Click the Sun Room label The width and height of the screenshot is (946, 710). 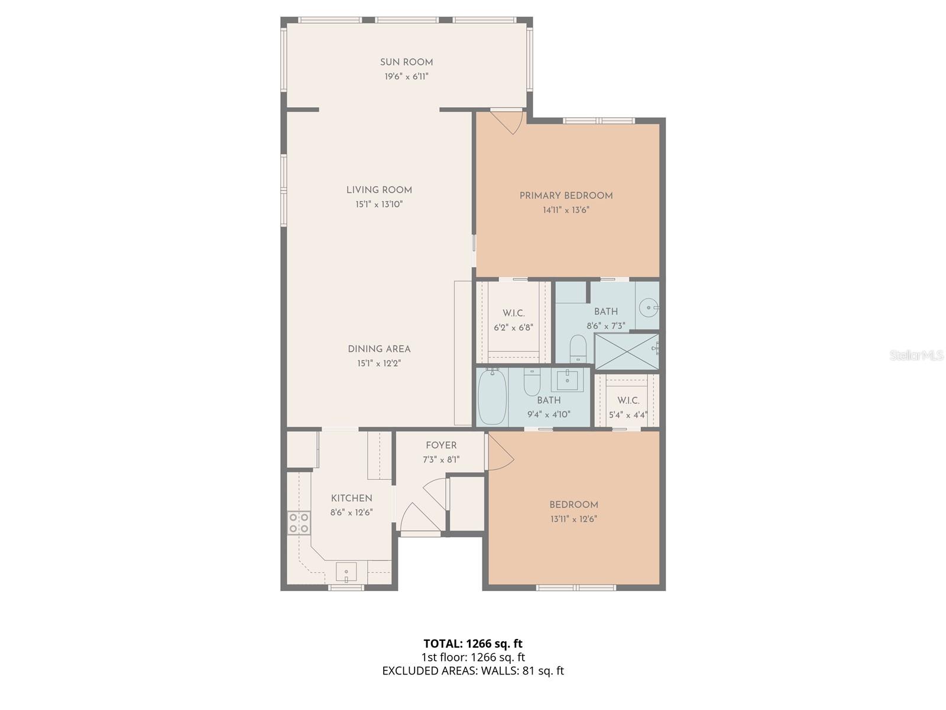pos(406,62)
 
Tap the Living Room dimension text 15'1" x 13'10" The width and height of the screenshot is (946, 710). pos(379,205)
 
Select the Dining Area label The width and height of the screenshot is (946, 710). pos(379,349)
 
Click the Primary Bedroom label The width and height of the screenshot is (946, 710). pos(566,196)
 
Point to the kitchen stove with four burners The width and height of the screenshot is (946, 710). pos(299,523)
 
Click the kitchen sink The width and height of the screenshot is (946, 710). pos(346,572)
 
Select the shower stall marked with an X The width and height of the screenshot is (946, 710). pos(626,351)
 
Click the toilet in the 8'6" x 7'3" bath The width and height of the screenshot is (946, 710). pos(577,348)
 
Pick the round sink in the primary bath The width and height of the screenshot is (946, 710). pos(649,308)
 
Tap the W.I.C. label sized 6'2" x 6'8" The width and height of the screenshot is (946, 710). pos(513,313)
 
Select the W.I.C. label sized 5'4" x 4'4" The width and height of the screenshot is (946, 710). pos(628,401)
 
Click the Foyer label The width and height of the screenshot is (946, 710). pos(441,446)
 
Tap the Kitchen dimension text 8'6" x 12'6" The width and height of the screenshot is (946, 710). pos(351,513)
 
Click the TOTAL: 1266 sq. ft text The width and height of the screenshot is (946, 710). pos(472,643)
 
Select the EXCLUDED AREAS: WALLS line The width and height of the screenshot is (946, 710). pos(472,670)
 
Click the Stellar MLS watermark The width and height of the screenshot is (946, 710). pos(916,356)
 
